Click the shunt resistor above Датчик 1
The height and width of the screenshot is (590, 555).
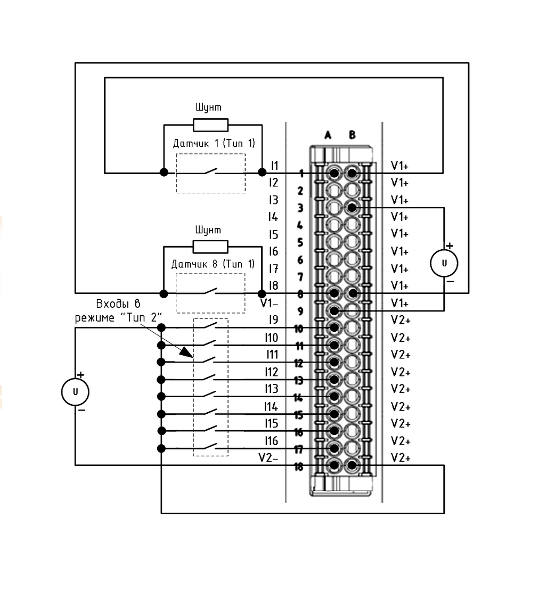(210, 125)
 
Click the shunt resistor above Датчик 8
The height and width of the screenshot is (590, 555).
(210, 247)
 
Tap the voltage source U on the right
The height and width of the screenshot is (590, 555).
(444, 263)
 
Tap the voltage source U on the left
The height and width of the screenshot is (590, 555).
(75, 392)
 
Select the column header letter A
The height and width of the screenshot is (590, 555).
(328, 135)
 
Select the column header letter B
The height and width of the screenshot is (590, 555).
(352, 135)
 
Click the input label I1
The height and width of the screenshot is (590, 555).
(275, 166)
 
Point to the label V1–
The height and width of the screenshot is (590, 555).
(269, 303)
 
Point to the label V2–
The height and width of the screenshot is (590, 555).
(268, 457)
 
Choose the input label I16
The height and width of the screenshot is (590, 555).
(271, 440)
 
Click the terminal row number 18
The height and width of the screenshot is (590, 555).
(298, 467)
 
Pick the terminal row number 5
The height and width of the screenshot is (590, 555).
(300, 242)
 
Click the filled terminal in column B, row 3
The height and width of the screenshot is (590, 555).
(352, 208)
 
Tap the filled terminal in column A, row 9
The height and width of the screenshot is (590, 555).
(334, 311)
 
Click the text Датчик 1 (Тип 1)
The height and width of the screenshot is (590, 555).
(214, 143)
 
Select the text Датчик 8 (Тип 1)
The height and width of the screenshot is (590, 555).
(213, 264)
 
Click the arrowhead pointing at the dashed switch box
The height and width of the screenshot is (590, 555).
(186, 353)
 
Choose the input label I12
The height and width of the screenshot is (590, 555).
(271, 372)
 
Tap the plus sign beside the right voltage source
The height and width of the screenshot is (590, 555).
(450, 245)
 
